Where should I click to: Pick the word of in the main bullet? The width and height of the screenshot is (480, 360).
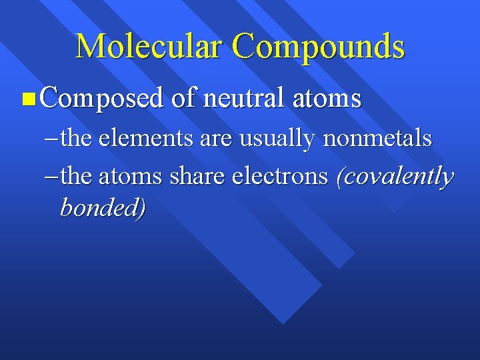click(184, 99)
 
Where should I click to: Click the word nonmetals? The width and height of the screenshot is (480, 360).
click(377, 139)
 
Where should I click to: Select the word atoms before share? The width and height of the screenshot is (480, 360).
click(130, 177)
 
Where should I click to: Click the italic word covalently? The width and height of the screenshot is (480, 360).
click(396, 177)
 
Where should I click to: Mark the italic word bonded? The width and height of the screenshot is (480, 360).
click(102, 207)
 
